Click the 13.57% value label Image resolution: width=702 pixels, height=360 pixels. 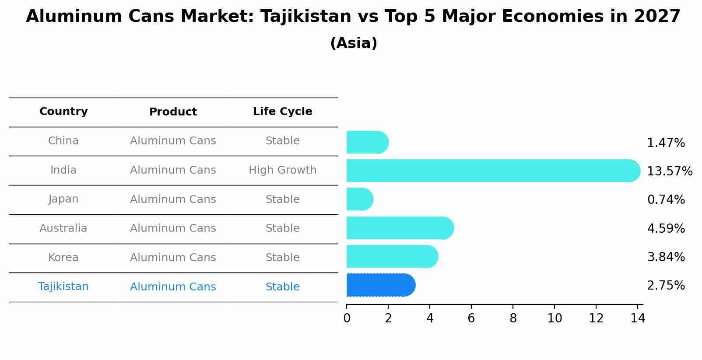tap(669, 171)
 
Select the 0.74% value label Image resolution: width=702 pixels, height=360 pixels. tap(666, 200)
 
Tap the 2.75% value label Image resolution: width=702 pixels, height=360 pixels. tap(666, 286)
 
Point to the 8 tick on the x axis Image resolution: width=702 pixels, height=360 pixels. tap(513, 318)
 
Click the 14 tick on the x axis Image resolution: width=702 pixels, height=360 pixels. tap(638, 318)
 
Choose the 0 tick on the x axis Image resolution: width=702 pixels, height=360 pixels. tap(347, 318)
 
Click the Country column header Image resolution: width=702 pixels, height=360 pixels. tap(63, 112)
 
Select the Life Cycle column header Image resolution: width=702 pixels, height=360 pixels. tap(282, 112)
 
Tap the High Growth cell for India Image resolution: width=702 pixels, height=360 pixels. tap(282, 170)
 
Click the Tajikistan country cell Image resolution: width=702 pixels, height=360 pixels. tap(63, 287)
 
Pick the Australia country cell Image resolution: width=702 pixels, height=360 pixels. tap(63, 228)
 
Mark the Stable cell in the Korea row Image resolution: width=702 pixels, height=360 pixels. tap(282, 258)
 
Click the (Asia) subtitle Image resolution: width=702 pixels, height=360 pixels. tap(354, 43)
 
